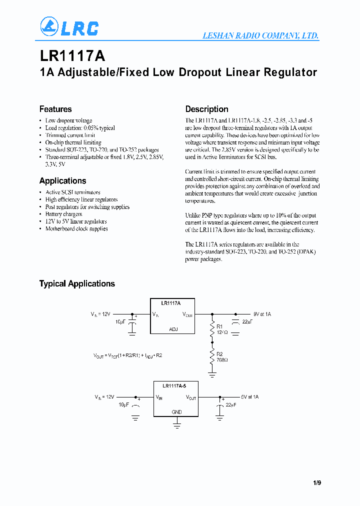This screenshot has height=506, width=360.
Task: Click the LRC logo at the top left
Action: click(x=69, y=27)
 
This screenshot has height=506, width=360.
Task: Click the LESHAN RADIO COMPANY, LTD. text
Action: click(x=260, y=36)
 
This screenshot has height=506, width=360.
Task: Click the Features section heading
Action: click(x=55, y=109)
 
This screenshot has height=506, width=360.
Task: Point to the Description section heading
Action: click(x=206, y=109)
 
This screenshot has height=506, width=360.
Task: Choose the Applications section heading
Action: click(x=62, y=181)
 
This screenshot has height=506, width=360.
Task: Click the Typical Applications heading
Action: click(x=77, y=283)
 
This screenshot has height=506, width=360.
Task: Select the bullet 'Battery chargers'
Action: click(x=63, y=214)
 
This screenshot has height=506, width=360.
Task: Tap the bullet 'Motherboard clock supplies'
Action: click(x=76, y=228)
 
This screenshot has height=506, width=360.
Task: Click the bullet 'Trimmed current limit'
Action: click(x=70, y=135)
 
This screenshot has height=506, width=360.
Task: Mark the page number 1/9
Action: click(x=317, y=483)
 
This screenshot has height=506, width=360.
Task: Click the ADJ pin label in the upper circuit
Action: click(x=173, y=329)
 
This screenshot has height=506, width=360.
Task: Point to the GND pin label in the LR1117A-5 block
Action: click(x=177, y=412)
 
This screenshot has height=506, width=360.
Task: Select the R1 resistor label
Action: click(x=220, y=326)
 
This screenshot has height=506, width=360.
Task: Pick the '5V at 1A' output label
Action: click(x=249, y=396)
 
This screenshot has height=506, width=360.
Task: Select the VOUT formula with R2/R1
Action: click(x=127, y=355)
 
